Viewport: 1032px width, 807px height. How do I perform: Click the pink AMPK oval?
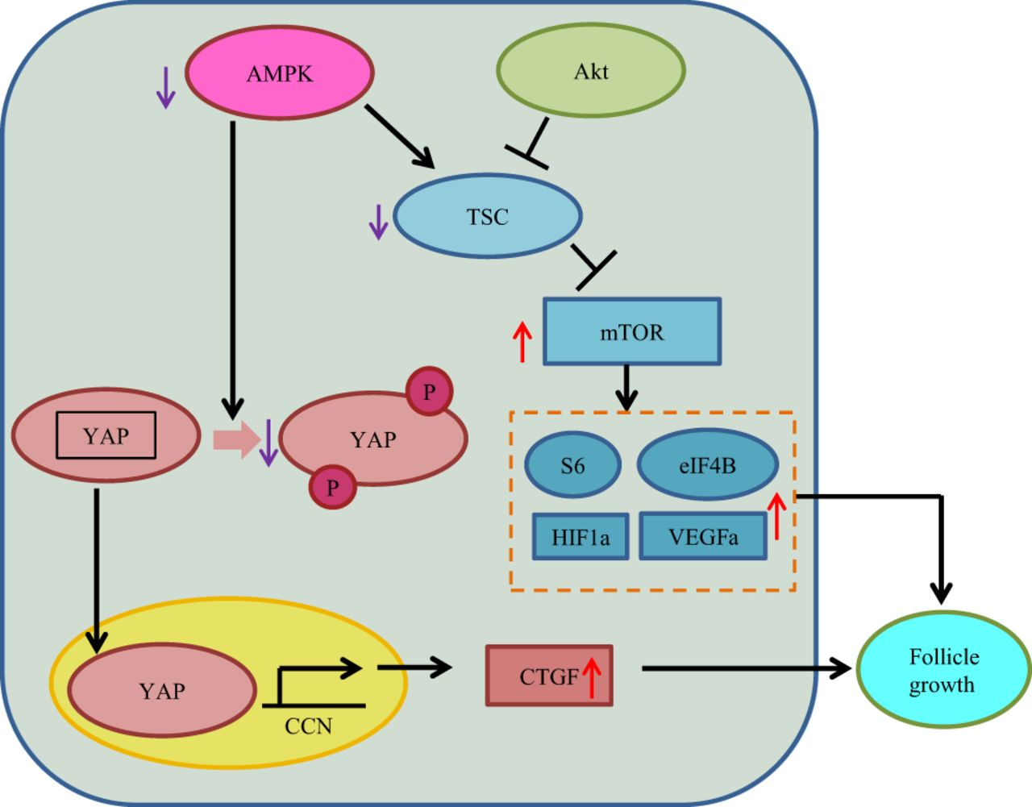point(280,73)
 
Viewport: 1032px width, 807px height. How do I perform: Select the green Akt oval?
point(591,71)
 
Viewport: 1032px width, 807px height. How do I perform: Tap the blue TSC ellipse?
point(487,216)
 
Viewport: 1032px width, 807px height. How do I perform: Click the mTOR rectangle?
point(632,332)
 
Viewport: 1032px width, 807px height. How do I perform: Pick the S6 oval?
point(572,466)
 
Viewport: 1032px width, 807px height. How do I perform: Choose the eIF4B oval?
point(707,465)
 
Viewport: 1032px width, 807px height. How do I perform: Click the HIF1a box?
point(580,537)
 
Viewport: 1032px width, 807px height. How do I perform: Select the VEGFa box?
point(702,537)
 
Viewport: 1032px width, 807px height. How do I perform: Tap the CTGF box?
point(548,676)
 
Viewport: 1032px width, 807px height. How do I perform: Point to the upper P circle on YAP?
point(429,392)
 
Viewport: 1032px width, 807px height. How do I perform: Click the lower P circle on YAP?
point(332,487)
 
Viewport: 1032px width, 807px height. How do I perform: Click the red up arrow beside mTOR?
point(522,342)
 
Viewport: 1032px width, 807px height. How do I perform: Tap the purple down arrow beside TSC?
point(378,221)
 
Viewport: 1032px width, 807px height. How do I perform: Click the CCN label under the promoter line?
point(308,726)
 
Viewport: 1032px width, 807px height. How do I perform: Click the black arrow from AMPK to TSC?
point(399,135)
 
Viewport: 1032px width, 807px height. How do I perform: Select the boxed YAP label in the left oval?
point(106,436)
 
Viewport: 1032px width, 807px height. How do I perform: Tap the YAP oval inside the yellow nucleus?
point(162,691)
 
